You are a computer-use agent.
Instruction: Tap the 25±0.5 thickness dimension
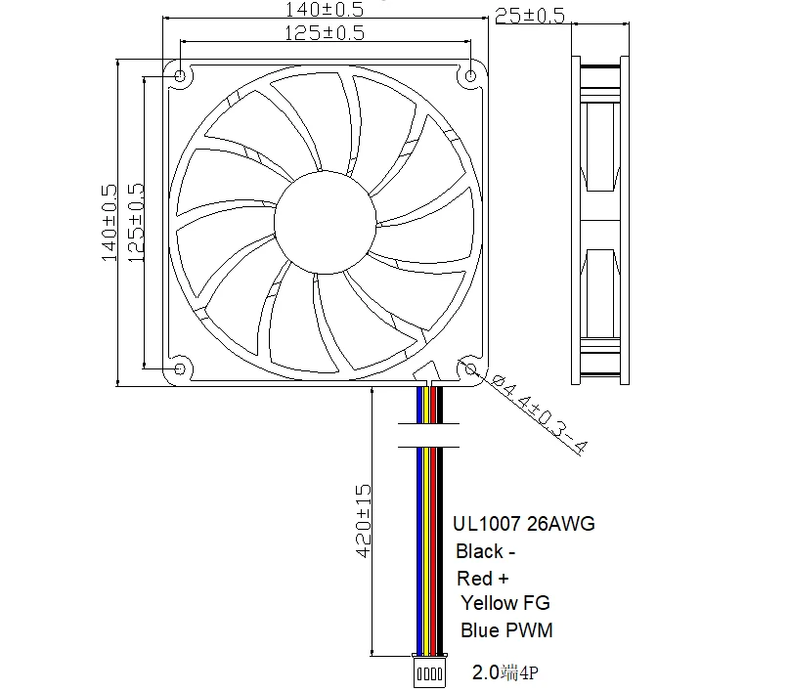[x=530, y=16]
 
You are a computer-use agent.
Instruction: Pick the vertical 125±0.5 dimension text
[x=136, y=223]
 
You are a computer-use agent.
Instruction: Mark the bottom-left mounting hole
[x=181, y=368]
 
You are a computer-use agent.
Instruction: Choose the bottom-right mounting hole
[x=472, y=368]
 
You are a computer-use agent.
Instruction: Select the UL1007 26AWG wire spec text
[x=522, y=525]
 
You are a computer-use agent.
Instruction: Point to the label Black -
[x=486, y=551]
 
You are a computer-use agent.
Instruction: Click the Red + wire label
[x=482, y=579]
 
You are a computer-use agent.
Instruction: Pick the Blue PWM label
[x=506, y=630]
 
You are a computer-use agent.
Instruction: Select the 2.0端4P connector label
[x=505, y=672]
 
